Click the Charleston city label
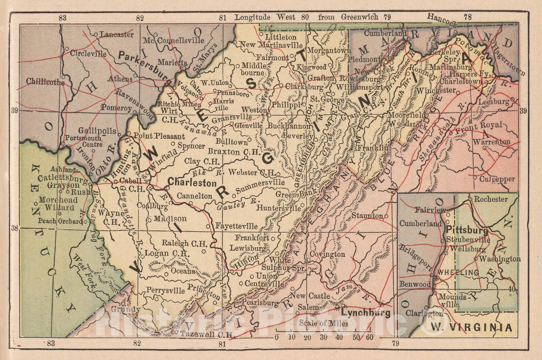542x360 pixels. coord(192,183)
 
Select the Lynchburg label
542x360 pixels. coord(366,312)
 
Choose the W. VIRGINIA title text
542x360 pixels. coord(471,327)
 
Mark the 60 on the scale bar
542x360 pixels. coord(369,337)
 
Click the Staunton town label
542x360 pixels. coord(367,216)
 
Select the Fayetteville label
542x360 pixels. coord(236,226)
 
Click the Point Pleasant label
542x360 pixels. coord(159,136)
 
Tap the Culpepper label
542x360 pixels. coord(497,179)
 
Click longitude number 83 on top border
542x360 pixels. coord(62,18)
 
